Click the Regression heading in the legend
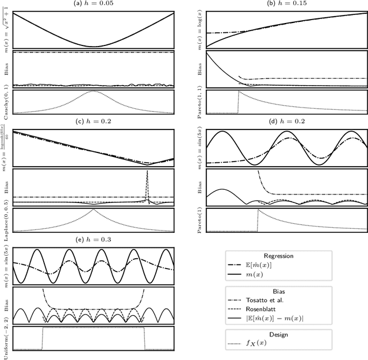coord(278,256)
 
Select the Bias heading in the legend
coord(278,291)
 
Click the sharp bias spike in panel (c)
coord(148,173)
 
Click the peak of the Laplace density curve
coord(93,209)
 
